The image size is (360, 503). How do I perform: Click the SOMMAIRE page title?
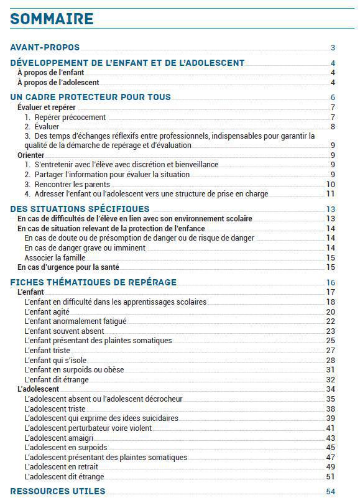[52, 19]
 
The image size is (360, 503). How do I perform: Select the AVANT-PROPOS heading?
[45, 47]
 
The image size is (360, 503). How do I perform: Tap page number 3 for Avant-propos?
[333, 48]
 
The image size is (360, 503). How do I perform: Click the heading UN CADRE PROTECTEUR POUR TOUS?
[91, 97]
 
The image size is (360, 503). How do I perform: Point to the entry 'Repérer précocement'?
[65, 117]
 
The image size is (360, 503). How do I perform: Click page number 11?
[331, 194]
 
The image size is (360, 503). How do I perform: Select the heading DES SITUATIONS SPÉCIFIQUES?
[80, 209]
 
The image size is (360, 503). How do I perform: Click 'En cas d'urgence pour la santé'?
[68, 267]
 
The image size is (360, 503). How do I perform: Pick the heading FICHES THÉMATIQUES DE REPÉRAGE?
[93, 282]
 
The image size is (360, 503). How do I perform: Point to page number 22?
[331, 321]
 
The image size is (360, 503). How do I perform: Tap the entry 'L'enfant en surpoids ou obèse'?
[74, 369]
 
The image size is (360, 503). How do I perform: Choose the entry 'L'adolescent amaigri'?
[62, 438]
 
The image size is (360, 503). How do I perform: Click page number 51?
[331, 477]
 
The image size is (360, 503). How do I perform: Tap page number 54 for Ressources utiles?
[331, 492]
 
